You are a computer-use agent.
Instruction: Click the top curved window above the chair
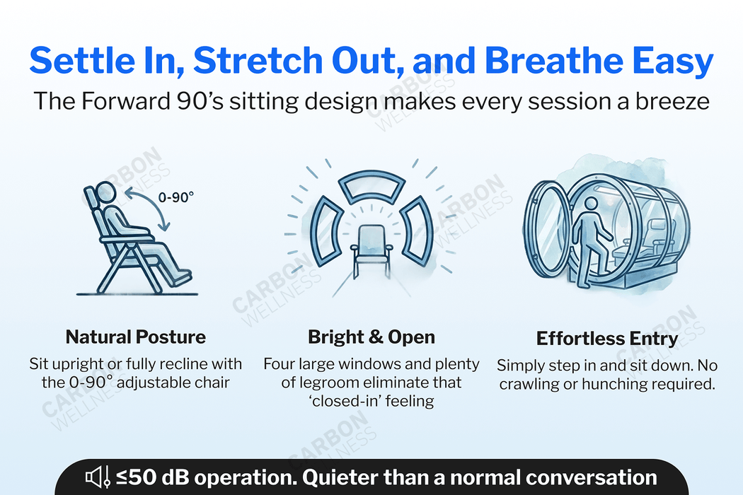[371, 190]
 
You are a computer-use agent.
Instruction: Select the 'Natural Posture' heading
[135, 337]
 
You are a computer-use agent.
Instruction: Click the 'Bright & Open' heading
[371, 337]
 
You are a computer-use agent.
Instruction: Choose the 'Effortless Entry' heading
[607, 338]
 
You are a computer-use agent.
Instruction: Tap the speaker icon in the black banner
[96, 479]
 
